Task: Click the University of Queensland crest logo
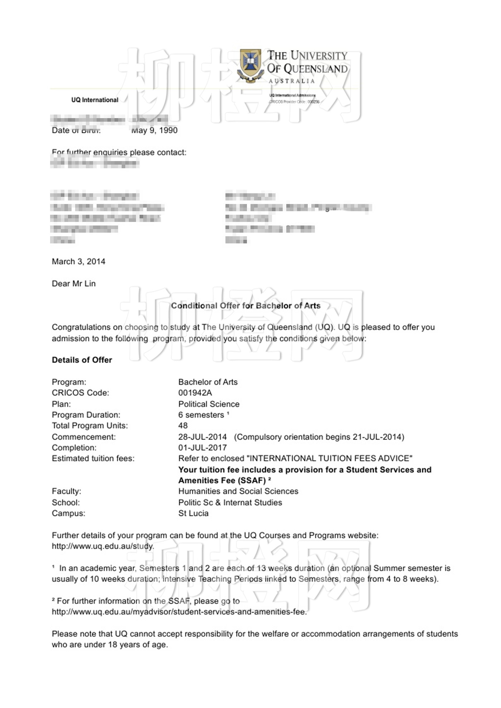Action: click(250, 65)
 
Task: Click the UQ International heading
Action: click(94, 100)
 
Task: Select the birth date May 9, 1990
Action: click(154, 130)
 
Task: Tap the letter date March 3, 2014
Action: click(78, 262)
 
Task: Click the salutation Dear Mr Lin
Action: click(74, 284)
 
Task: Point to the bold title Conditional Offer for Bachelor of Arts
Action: click(245, 306)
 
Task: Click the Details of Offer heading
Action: click(82, 360)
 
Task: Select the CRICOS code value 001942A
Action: click(195, 393)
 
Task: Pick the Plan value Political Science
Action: click(209, 404)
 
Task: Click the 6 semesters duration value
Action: click(201, 415)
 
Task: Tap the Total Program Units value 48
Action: click(183, 426)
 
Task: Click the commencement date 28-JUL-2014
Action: click(203, 437)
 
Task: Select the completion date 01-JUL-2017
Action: click(203, 448)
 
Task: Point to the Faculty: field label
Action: click(67, 491)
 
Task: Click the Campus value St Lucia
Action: click(193, 514)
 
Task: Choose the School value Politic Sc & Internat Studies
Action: click(230, 503)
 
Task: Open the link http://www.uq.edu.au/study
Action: click(103, 546)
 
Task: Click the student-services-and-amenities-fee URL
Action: click(179, 612)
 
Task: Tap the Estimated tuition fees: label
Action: click(93, 459)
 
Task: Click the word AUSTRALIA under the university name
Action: click(292, 81)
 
